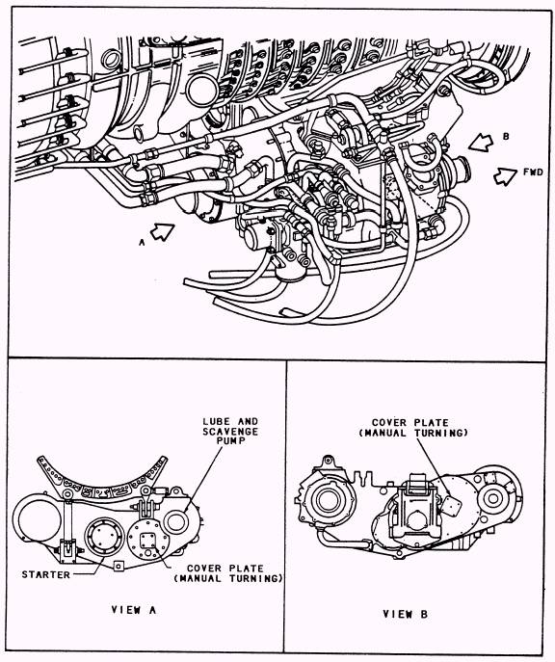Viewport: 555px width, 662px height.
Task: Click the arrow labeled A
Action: (162, 231)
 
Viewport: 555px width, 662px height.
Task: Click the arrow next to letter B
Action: (481, 143)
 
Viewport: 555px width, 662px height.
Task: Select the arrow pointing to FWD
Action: (505, 176)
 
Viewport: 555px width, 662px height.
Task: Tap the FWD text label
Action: (533, 172)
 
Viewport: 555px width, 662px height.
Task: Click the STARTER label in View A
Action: (46, 574)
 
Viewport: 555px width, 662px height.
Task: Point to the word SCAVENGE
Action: (230, 431)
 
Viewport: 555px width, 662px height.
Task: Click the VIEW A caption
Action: (134, 610)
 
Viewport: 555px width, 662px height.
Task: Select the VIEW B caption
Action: (406, 614)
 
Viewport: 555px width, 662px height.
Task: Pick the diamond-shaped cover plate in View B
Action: (451, 505)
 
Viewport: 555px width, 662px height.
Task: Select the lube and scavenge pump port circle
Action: (175, 522)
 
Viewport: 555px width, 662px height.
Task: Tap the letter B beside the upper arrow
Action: (506, 137)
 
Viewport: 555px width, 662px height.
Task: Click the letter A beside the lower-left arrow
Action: (142, 242)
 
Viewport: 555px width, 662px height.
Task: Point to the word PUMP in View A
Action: (230, 440)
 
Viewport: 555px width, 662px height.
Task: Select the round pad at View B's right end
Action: (493, 498)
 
